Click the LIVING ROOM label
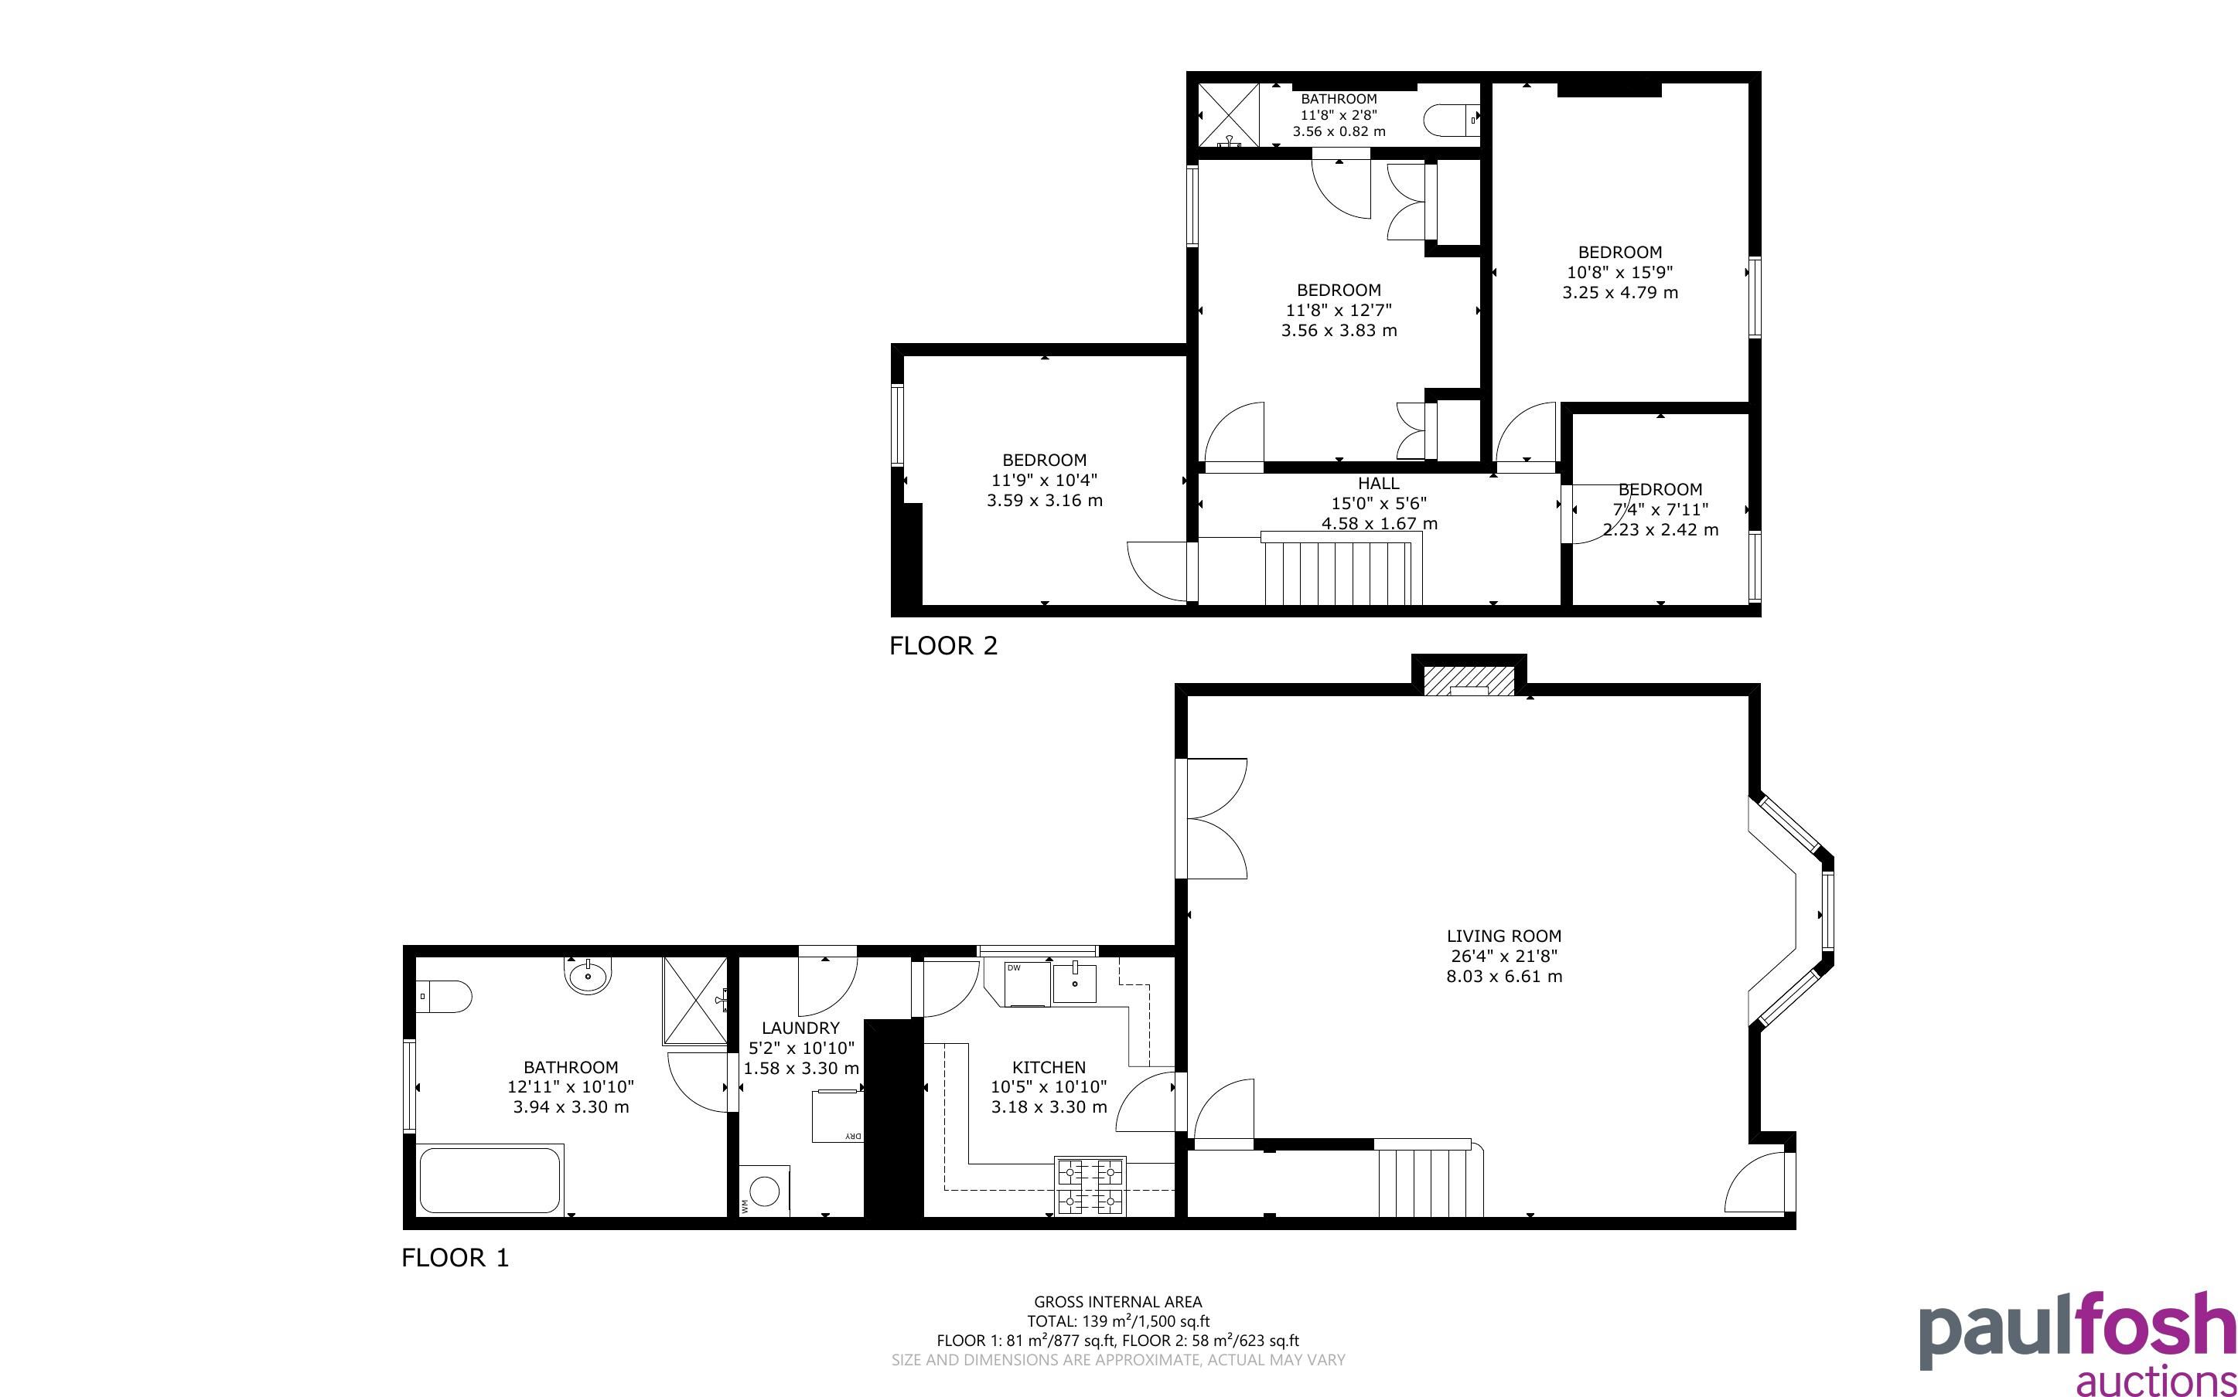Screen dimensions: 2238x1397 pyautogui.click(x=1504, y=936)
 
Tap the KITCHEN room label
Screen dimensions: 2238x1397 pyautogui.click(x=1049, y=1067)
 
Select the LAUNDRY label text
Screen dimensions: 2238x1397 pyautogui.click(x=800, y=1028)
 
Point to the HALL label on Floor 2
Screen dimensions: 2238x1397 pyautogui.click(x=1378, y=483)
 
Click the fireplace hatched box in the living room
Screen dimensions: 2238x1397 pyautogui.click(x=1469, y=681)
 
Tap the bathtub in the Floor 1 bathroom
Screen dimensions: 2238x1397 pyautogui.click(x=491, y=1179)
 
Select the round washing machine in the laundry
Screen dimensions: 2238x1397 pyautogui.click(x=765, y=1191)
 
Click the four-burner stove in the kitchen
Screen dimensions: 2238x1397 pyautogui.click(x=1091, y=1186)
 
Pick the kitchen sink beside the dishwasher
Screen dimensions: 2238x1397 pyautogui.click(x=1074, y=982)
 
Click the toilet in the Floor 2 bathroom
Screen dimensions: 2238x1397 pyautogui.click(x=1452, y=118)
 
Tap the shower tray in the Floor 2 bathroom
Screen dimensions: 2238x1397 pyautogui.click(x=1230, y=114)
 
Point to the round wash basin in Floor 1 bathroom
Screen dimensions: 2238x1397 pyautogui.click(x=588, y=975)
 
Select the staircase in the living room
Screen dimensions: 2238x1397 pyautogui.click(x=1430, y=1178)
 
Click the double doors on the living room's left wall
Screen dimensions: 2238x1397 pyautogui.click(x=1212, y=818)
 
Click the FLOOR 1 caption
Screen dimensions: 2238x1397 pyautogui.click(x=455, y=1257)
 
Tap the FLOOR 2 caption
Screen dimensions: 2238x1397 pyautogui.click(x=943, y=646)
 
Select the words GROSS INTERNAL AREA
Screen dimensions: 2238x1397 pyautogui.click(x=1117, y=1303)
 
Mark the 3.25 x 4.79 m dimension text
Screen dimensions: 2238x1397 pyautogui.click(x=1619, y=293)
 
